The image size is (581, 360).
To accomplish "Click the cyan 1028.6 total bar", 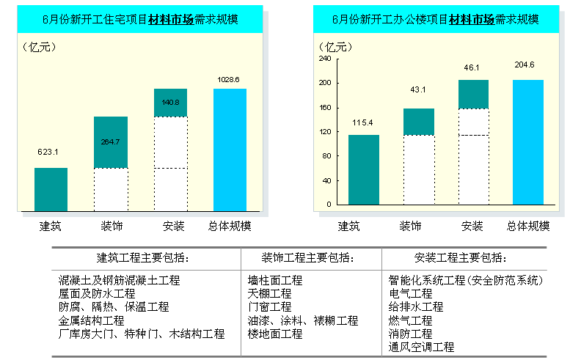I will (x=230, y=150).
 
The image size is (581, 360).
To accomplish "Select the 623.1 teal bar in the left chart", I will (x=51, y=190).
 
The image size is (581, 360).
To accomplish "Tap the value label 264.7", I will (x=111, y=142).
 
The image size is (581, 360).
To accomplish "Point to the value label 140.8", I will (x=170, y=103).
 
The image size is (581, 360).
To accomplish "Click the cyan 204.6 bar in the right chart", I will (x=527, y=142).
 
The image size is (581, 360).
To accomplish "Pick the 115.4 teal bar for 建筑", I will (x=363, y=169).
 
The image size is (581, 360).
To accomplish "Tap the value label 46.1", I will (x=472, y=67).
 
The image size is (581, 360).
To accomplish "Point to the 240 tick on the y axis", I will (x=325, y=59).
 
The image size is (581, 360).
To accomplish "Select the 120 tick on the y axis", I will (x=325, y=132).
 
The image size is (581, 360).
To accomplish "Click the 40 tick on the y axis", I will (x=327, y=180).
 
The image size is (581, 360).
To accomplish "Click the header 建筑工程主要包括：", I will (x=143, y=258).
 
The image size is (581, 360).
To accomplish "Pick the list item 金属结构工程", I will (x=92, y=320).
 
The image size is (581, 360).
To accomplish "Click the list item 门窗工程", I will (x=270, y=307).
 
